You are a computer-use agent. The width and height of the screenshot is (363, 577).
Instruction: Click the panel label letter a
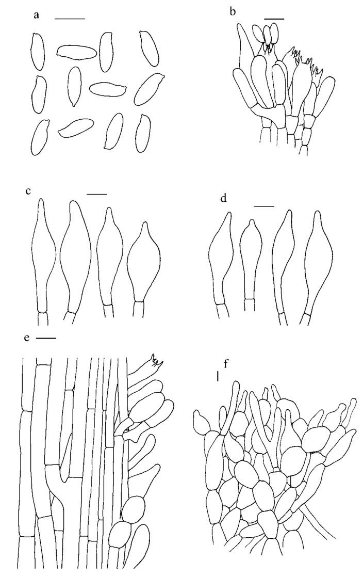[x=36, y=16]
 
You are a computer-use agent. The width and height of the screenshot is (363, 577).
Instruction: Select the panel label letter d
[x=223, y=199]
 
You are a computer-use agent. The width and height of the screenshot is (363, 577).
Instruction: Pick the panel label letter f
[x=226, y=365]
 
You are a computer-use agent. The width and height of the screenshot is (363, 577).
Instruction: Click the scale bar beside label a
[x=70, y=18]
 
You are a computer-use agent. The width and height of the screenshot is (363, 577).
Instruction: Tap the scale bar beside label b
[x=274, y=18]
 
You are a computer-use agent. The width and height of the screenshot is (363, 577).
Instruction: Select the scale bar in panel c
[x=97, y=194]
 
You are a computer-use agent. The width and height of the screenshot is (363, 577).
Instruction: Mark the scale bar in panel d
[x=264, y=206]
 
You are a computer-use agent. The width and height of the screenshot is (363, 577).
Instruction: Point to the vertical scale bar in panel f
[x=218, y=376]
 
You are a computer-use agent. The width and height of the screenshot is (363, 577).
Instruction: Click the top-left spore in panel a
[x=38, y=51]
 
